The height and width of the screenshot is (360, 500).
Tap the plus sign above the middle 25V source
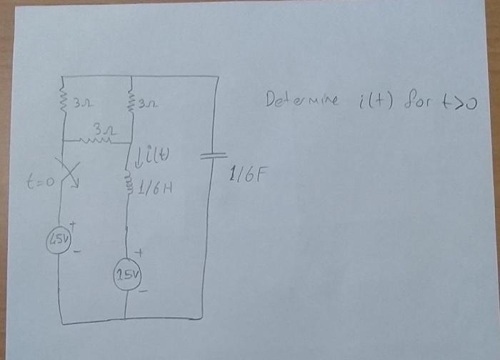tap(140, 252)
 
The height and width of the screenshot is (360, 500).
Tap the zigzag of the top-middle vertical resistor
tap(129, 102)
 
